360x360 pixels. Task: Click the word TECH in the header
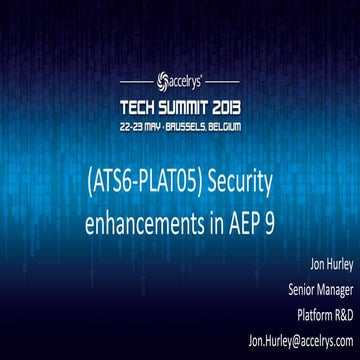[139, 105]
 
